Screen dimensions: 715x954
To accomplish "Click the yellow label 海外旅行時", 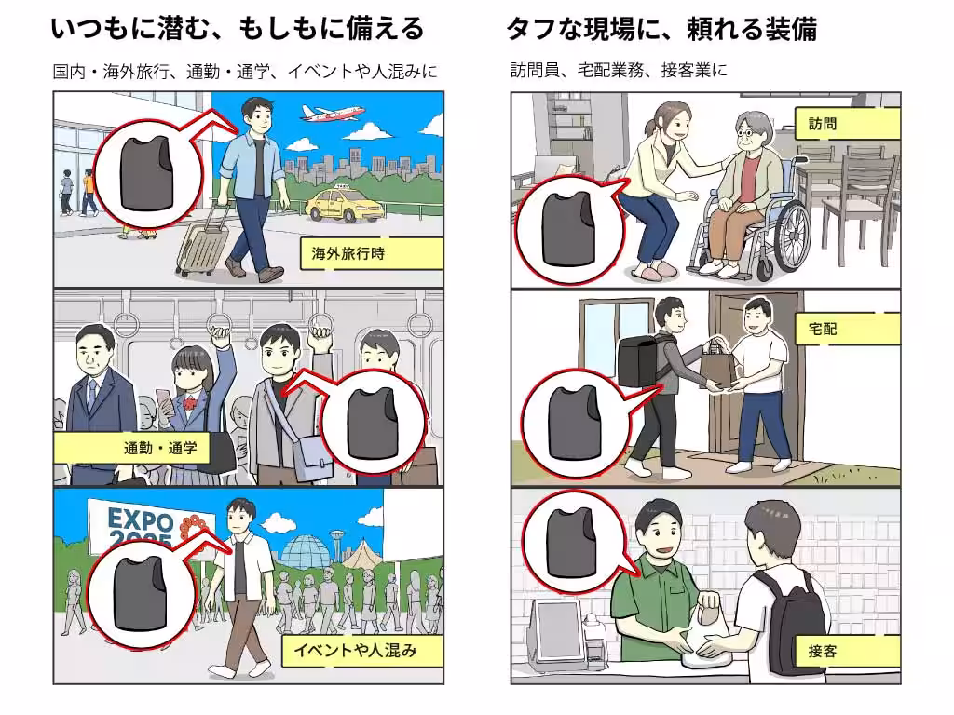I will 371,253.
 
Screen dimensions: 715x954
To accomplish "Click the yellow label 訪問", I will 847,123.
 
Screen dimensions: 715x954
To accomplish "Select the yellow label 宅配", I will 847,328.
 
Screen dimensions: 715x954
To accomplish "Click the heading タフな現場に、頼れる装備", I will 661,30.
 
